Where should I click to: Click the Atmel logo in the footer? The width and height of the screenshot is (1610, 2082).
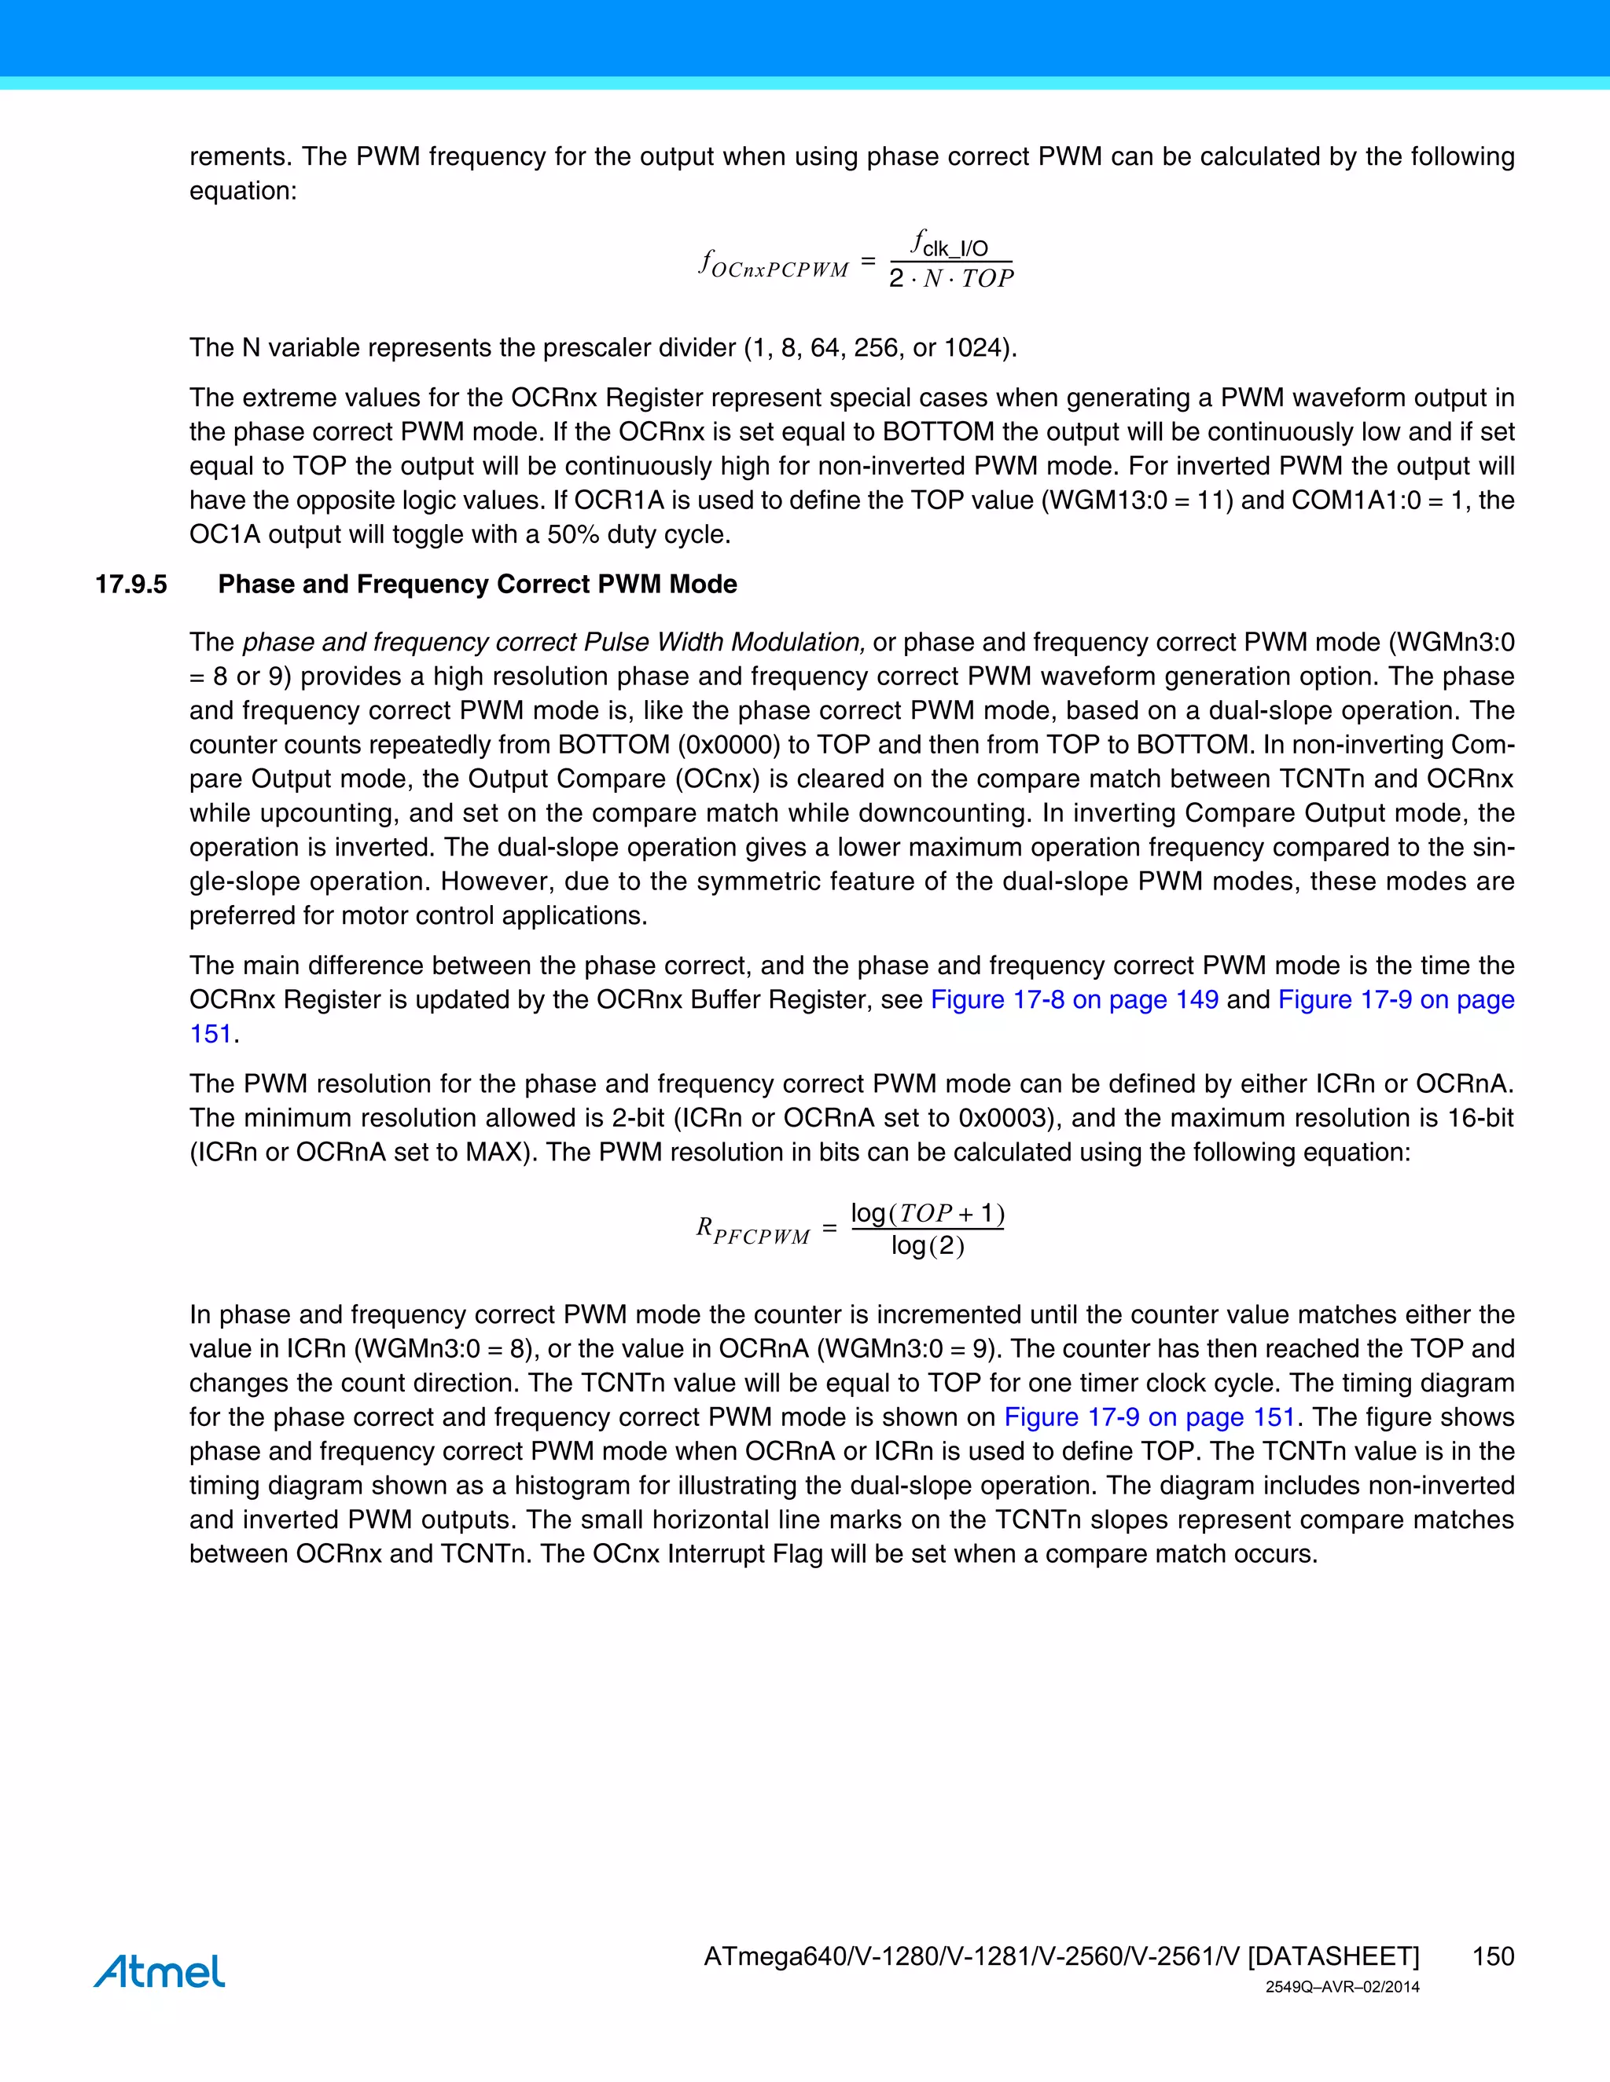pos(160,1970)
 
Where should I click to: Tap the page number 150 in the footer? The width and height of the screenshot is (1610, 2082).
pos(1493,1956)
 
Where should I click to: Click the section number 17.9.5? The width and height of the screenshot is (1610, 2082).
pos(130,585)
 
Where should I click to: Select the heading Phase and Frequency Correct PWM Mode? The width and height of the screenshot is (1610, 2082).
pos(477,585)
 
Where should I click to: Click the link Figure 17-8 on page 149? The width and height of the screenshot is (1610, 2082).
pos(1074,999)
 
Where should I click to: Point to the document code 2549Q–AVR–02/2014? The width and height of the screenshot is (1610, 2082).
pos(1342,1988)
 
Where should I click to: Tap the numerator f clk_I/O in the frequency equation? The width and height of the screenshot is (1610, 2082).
pos(950,244)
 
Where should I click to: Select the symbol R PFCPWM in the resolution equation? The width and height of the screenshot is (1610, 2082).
pos(752,1230)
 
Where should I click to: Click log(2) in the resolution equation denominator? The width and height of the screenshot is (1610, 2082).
pos(927,1246)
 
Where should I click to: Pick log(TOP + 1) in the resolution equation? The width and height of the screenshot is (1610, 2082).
pos(927,1214)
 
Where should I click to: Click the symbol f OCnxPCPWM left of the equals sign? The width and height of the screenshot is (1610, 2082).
pos(774,264)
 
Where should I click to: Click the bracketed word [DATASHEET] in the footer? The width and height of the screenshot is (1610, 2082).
pos(1333,1956)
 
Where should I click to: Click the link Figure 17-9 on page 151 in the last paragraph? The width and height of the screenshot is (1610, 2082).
pos(1149,1417)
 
